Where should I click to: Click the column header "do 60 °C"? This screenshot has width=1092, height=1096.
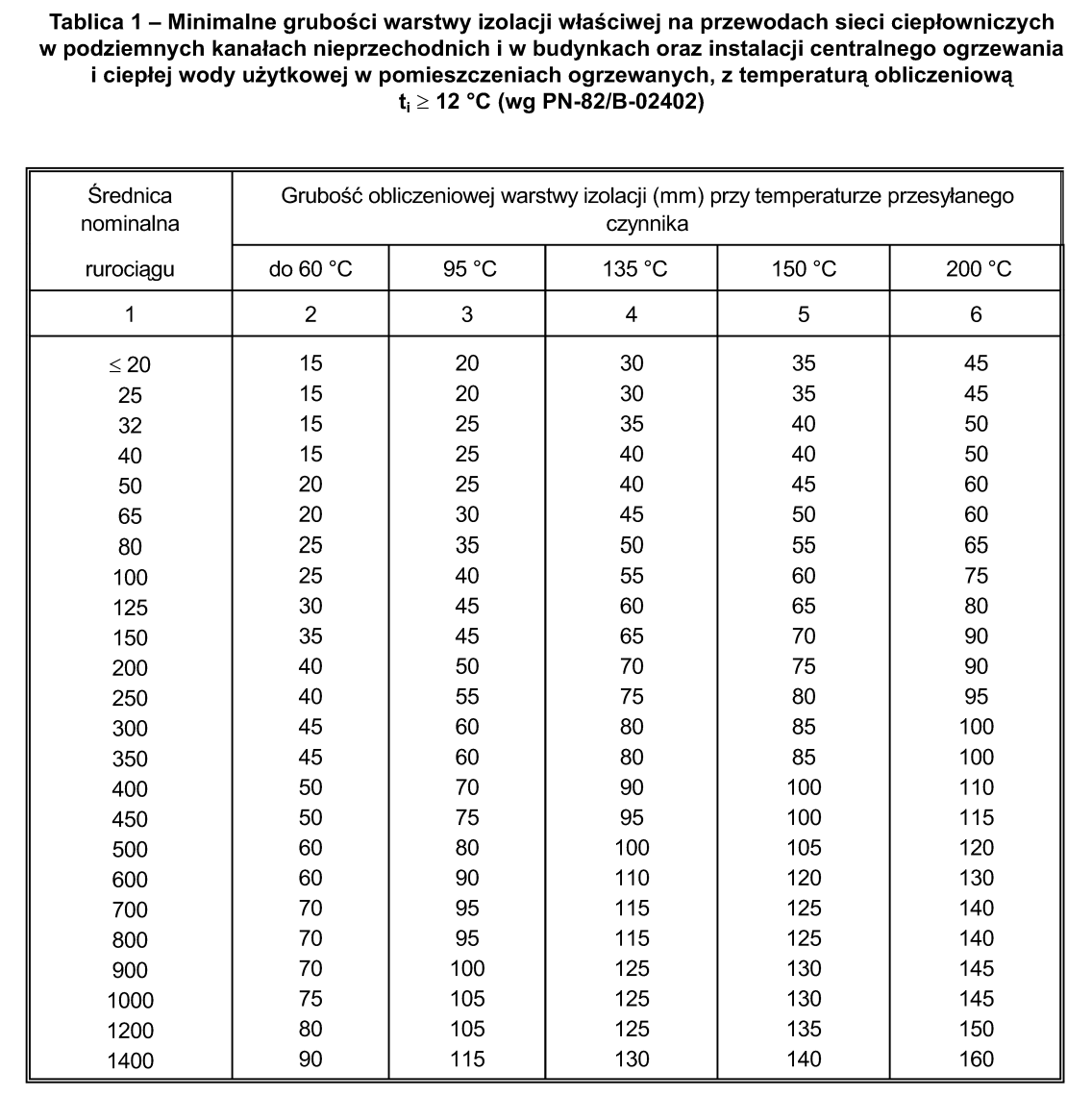coord(310,269)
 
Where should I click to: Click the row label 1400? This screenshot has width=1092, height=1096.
coord(130,1061)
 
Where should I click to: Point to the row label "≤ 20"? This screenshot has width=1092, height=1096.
coord(130,365)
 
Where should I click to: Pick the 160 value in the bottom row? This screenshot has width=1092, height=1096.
coord(977,1059)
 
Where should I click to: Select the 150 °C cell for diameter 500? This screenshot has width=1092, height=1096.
coord(804,848)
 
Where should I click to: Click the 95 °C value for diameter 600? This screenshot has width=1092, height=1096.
coord(467,878)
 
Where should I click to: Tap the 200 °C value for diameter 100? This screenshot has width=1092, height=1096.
coord(977,576)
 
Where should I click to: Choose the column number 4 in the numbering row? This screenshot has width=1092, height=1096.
coord(632,314)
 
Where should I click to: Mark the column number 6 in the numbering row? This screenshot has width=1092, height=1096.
coord(977,314)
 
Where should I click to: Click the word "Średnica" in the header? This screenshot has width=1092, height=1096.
coord(130,196)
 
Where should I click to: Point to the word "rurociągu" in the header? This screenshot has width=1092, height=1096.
coord(130,269)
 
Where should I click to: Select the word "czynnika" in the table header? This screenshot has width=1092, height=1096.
coord(647,224)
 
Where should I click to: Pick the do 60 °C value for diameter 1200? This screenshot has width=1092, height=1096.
coord(310,1029)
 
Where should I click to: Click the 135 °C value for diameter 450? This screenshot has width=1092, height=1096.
coord(632,818)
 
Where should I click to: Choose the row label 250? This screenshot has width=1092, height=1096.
coord(130,698)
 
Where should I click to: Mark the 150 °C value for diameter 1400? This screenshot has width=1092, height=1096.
coord(804,1059)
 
